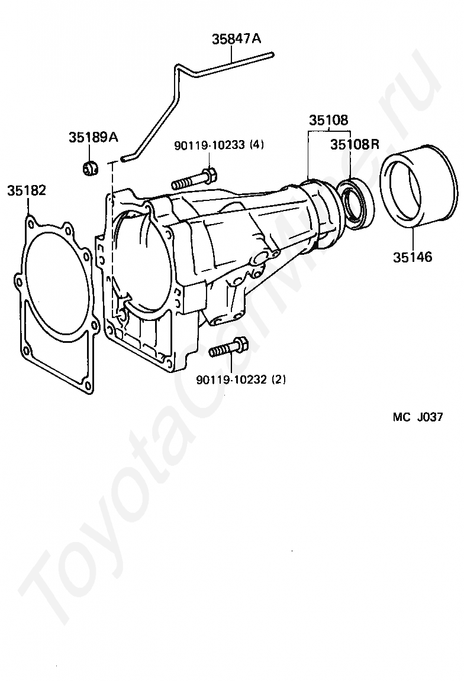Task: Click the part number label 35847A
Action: pos(236,40)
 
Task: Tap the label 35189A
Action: pos(93,138)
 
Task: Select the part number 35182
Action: pos(27,191)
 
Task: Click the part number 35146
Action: pos(412,257)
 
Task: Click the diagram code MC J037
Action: pos(417,417)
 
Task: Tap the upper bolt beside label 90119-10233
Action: pos(194,179)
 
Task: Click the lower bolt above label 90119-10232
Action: pos(228,348)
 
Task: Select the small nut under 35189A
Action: pos(90,168)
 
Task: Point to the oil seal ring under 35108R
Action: pos(356,204)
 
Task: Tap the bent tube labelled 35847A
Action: pos(177,95)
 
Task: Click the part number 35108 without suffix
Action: pos(328,121)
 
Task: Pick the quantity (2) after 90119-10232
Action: pos(278,380)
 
